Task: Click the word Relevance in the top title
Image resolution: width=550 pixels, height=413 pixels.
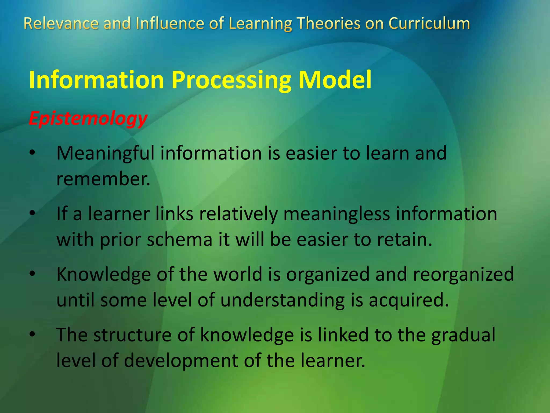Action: tap(61, 23)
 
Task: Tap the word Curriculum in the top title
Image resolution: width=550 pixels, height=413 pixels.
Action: tap(429, 23)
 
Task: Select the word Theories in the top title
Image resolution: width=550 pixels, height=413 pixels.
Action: tap(328, 23)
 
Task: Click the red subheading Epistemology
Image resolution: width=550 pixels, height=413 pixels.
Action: tap(88, 118)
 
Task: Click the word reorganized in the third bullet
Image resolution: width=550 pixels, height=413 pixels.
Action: tap(463, 275)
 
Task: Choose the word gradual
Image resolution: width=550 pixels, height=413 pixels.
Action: tap(463, 336)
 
